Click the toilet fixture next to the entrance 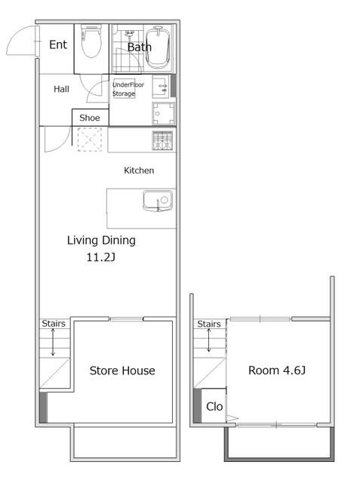(x=91, y=41)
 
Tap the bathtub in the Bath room (x=158, y=47)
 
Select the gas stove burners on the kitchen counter (x=162, y=140)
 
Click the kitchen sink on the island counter (x=158, y=201)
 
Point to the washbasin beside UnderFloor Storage (x=161, y=86)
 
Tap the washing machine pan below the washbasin (x=164, y=114)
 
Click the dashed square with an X (x=90, y=140)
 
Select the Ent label (x=58, y=45)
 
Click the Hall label (x=61, y=89)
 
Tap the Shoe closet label (x=90, y=118)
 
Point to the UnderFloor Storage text (x=128, y=89)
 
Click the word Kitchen (x=139, y=171)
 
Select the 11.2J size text (x=100, y=257)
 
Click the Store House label (x=122, y=371)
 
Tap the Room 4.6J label (x=277, y=371)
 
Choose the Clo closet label (x=214, y=407)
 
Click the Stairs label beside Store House (x=54, y=324)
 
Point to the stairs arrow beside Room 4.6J (x=209, y=340)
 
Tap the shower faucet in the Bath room (x=129, y=35)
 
